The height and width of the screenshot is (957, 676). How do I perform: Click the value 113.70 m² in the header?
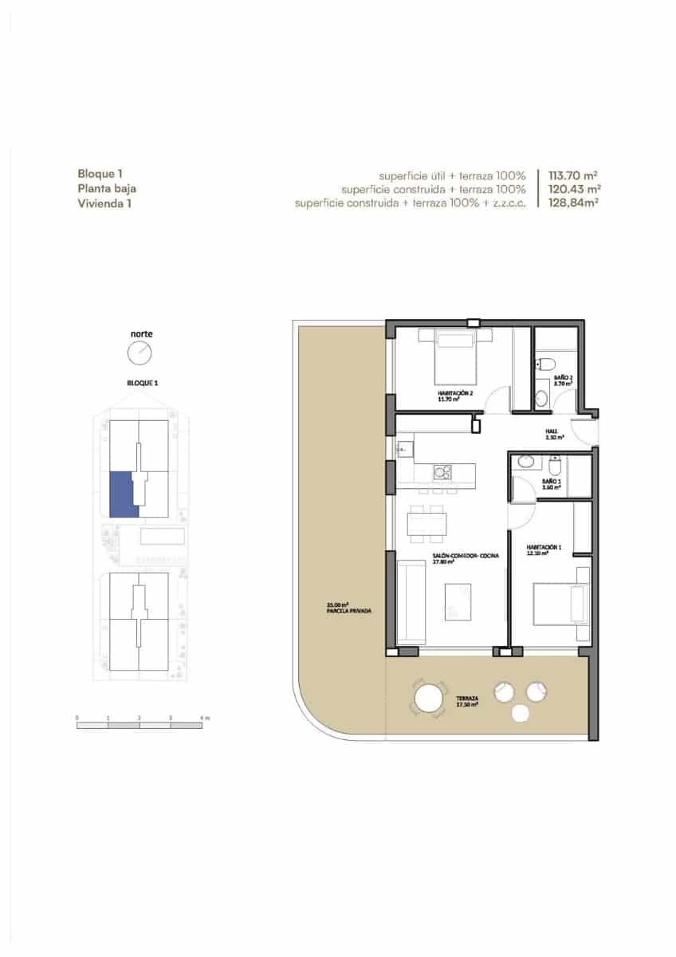[573, 175]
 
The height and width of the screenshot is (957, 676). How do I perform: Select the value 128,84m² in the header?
[574, 203]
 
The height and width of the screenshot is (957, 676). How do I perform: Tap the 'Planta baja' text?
[107, 189]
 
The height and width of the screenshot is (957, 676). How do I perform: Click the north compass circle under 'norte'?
[140, 352]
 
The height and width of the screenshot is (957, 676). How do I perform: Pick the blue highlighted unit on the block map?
[123, 494]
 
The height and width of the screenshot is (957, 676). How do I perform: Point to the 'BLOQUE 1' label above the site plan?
[143, 383]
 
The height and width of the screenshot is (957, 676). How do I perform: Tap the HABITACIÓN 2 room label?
[456, 395]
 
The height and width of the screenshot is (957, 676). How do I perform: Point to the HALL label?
[550, 434]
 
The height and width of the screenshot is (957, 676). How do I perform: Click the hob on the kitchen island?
[442, 473]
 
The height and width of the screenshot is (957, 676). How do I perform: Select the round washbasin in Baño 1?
[525, 461]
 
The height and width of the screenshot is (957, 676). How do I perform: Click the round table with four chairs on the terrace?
[430, 699]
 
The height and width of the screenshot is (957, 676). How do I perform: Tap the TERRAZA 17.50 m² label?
[467, 702]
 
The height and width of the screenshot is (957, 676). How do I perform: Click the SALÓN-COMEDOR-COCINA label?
[454, 558]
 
